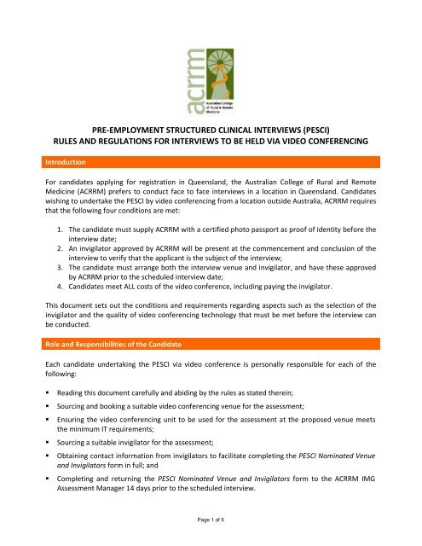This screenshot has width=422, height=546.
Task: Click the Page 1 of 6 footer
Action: [x=211, y=538]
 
